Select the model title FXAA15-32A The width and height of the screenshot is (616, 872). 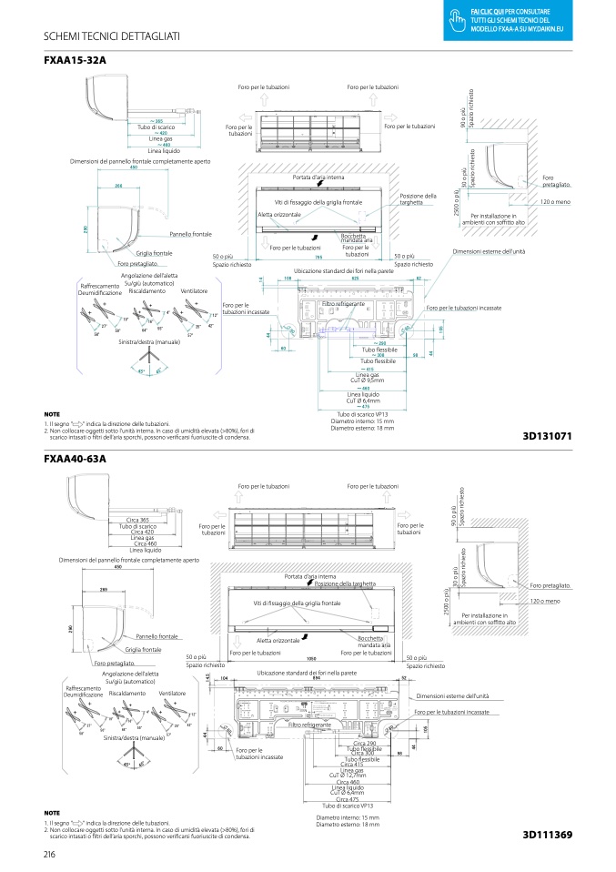[75, 60]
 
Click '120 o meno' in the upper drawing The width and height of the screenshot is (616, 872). [556, 201]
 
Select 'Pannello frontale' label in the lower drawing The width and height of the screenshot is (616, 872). [157, 635]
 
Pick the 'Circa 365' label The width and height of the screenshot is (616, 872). [139, 520]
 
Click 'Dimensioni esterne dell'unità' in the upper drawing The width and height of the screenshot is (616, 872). [489, 250]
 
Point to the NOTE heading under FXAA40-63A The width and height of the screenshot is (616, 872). [52, 812]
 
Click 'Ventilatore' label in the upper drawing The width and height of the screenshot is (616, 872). [194, 290]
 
